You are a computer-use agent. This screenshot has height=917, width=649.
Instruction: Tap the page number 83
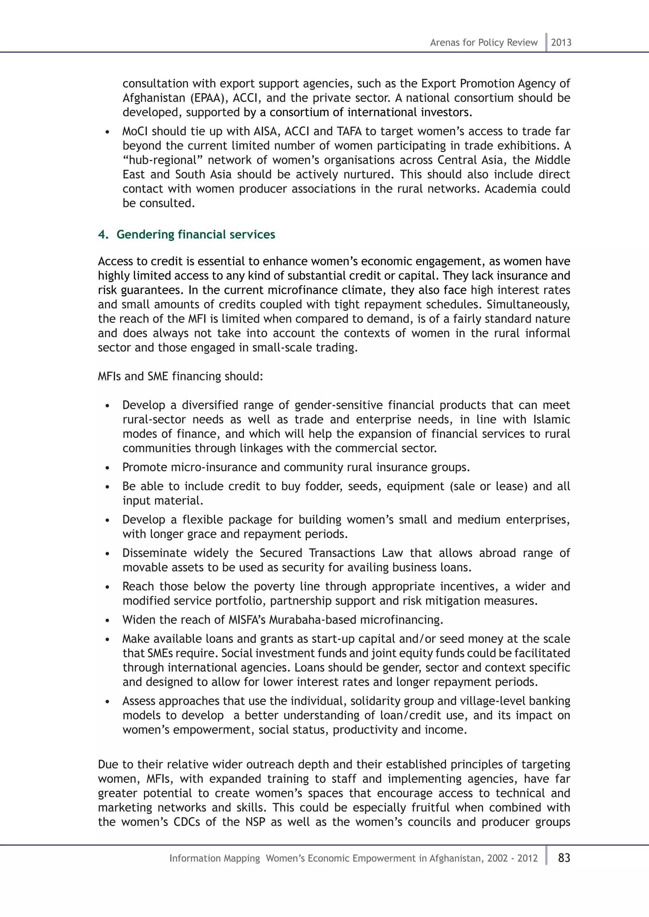point(564,857)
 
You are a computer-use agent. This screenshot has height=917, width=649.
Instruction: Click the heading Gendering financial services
point(196,234)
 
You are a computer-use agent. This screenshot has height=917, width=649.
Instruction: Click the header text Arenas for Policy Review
point(484,42)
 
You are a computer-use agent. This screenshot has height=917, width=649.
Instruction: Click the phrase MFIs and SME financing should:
point(181,376)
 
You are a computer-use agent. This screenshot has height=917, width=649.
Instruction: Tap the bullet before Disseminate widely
point(107,554)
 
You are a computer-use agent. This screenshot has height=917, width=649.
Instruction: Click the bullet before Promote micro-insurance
point(107,468)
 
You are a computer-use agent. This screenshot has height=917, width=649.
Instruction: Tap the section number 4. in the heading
point(103,234)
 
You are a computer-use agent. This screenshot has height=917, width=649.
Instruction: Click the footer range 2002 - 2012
point(512,858)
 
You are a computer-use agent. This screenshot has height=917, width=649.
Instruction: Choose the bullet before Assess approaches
point(107,702)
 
